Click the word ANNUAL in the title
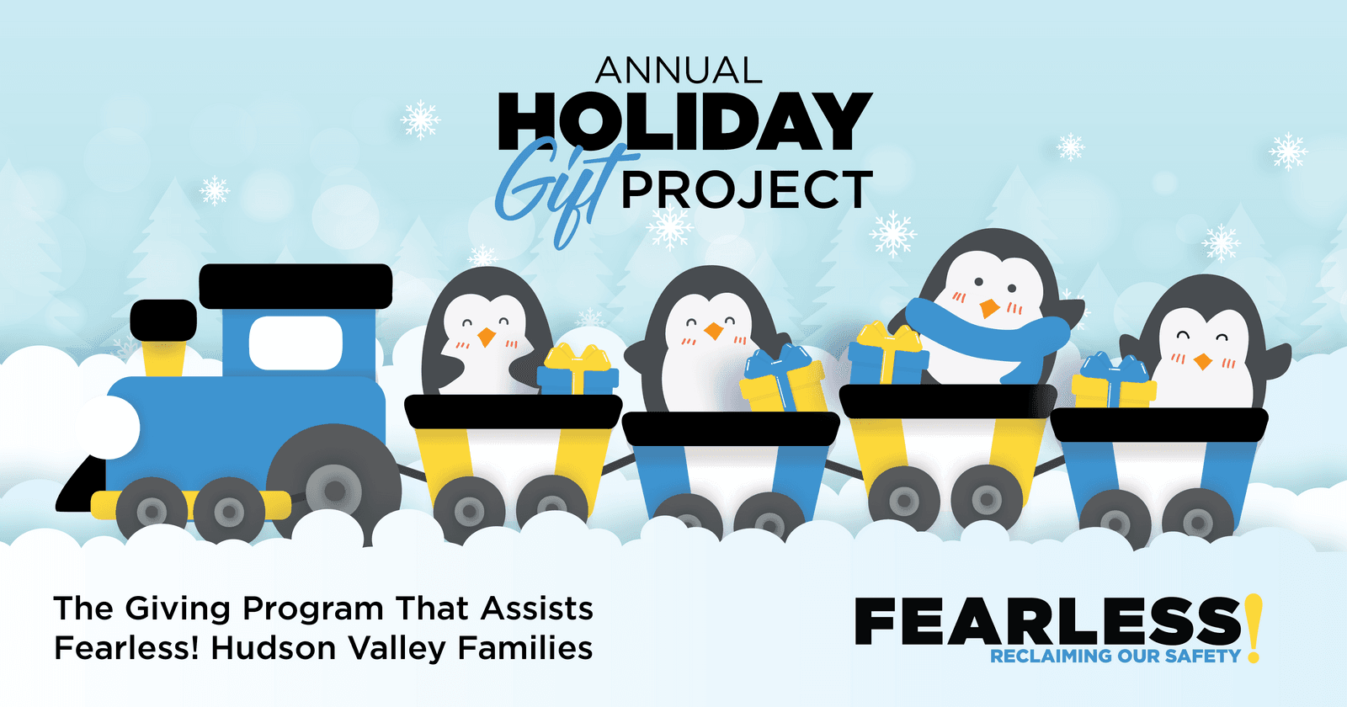click(x=679, y=72)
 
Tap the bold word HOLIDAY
click(x=684, y=122)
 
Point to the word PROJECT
click(x=747, y=190)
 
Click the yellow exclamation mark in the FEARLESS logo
click(x=1254, y=627)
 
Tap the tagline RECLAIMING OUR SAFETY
click(x=1115, y=656)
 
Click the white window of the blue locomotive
click(x=295, y=343)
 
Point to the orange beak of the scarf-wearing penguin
click(x=989, y=308)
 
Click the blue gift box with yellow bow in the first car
click(x=578, y=372)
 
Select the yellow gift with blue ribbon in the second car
click(x=784, y=383)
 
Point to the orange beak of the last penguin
click(x=1203, y=362)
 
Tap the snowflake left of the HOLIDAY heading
click(x=420, y=120)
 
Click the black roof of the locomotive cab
click(x=295, y=286)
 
